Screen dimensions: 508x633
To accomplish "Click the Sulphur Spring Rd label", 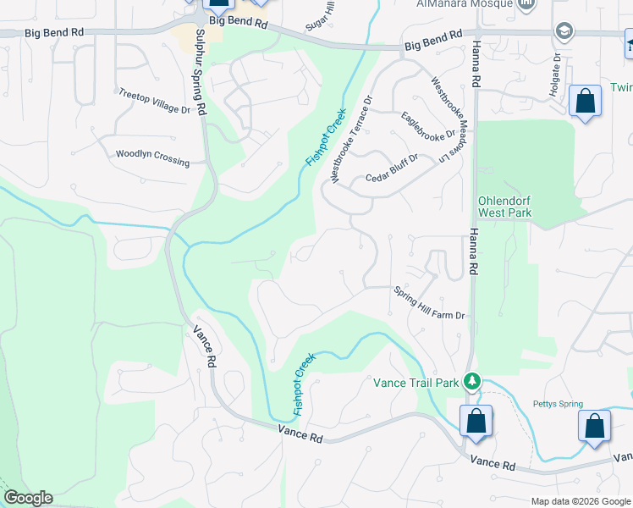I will click(x=201, y=73).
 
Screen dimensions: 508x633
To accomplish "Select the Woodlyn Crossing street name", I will click(x=152, y=157).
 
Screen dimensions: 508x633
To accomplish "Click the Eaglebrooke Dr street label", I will click(x=429, y=126).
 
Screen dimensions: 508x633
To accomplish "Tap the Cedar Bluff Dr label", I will click(x=392, y=169).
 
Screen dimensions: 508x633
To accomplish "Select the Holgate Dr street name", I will click(x=557, y=75).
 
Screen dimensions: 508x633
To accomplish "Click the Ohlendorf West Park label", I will click(x=505, y=207).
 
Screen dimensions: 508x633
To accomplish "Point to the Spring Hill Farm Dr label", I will click(x=430, y=303).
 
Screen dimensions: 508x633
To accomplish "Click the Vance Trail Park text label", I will click(x=416, y=383).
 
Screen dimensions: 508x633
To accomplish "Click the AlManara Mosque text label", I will click(x=465, y=4).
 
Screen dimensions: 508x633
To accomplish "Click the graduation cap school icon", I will click(x=564, y=32).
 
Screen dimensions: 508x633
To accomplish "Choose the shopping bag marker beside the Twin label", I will click(x=585, y=102).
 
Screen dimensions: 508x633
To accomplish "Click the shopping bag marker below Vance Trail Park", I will click(x=476, y=421).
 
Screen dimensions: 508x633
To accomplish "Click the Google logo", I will click(x=28, y=498).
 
